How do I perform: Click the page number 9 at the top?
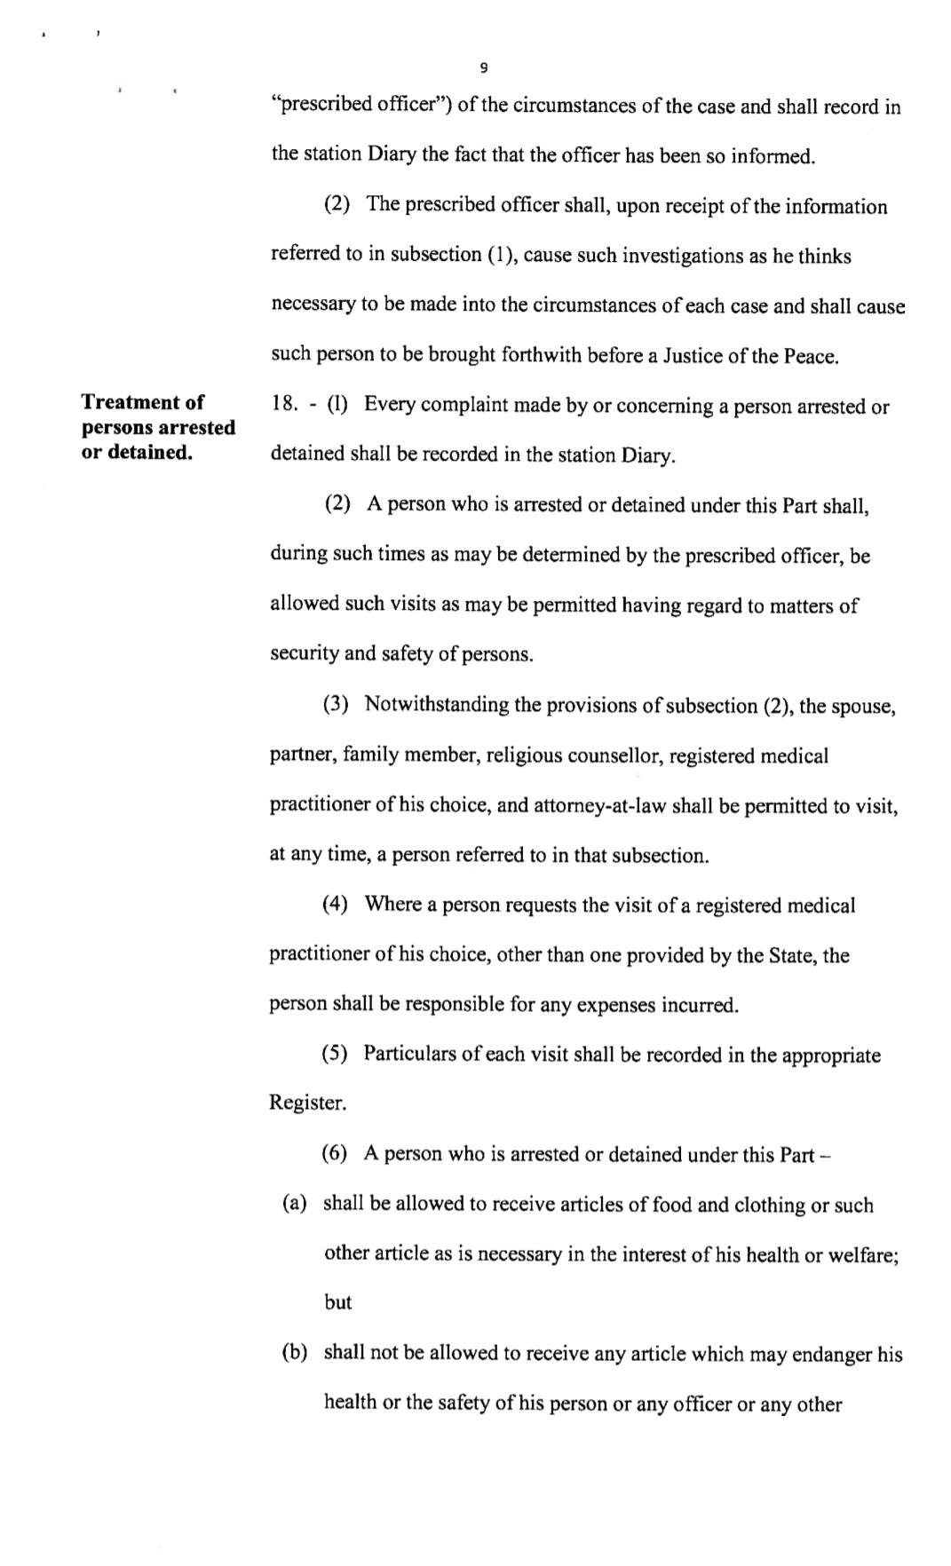pyautogui.click(x=483, y=67)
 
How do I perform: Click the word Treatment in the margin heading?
pyautogui.click(x=142, y=402)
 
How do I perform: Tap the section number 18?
pyautogui.click(x=284, y=405)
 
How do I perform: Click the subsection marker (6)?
pyautogui.click(x=334, y=1154)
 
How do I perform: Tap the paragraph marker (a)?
pyautogui.click(x=295, y=1204)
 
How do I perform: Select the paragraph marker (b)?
pyautogui.click(x=295, y=1353)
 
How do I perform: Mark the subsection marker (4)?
pyautogui.click(x=335, y=905)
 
